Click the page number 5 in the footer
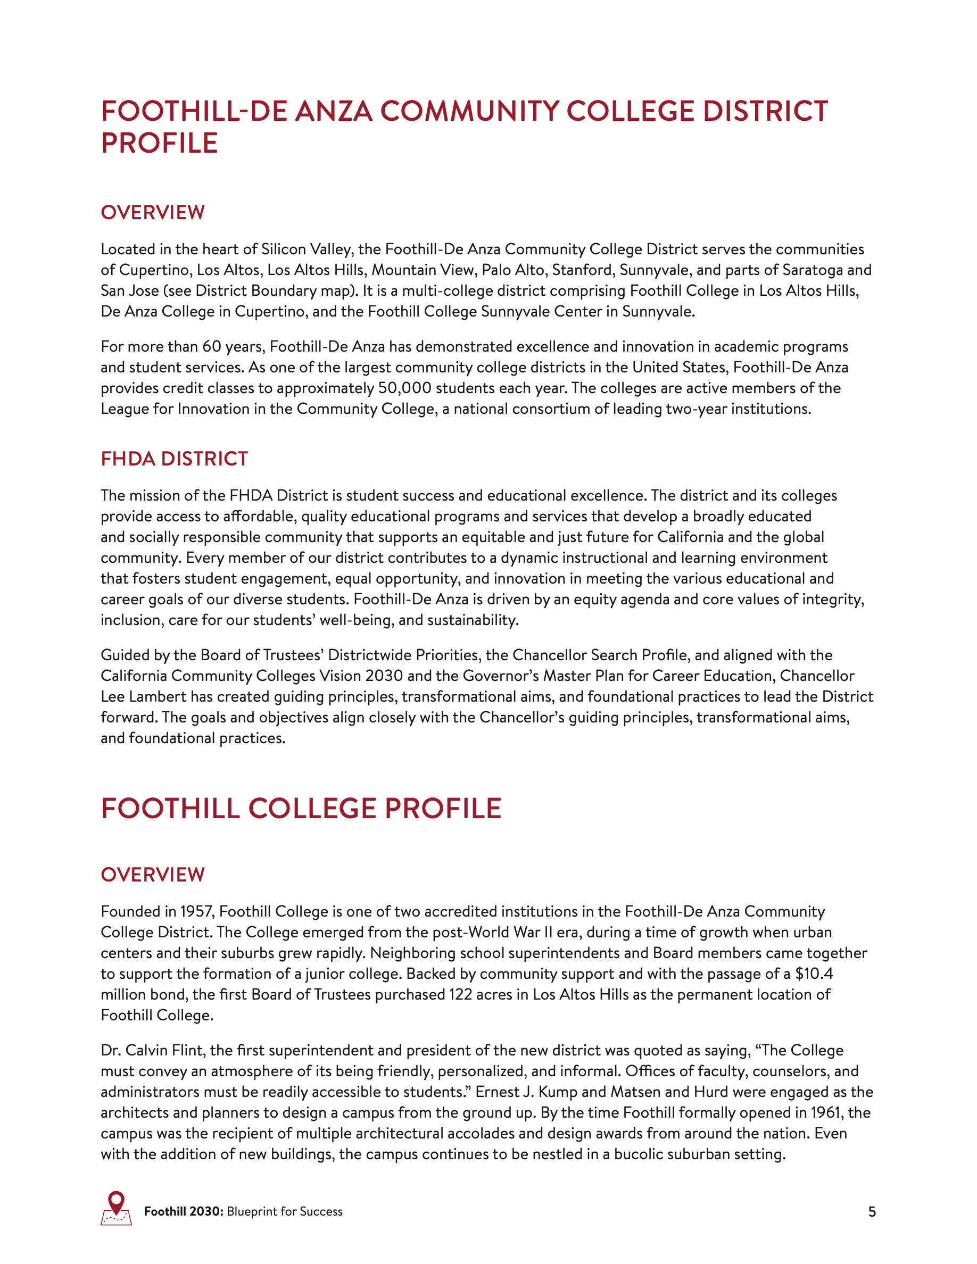[x=872, y=1211]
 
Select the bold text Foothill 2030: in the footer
[x=184, y=1211]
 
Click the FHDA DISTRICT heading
[x=174, y=459]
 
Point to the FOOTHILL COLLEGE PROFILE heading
[x=301, y=809]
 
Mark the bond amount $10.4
[x=814, y=974]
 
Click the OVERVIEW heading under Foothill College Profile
[x=153, y=875]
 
